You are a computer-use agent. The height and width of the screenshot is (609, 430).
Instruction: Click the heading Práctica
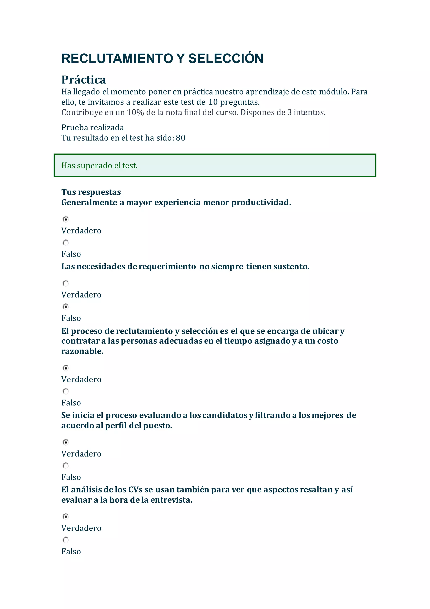coord(84,79)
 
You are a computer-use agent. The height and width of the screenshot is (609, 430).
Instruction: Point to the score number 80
coord(181,138)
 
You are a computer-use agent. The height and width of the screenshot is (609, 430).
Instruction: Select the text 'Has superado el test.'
coord(100,165)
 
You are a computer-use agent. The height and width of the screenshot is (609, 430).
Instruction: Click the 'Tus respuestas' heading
coord(91,192)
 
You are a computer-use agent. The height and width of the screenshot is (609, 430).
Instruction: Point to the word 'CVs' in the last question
coord(135,490)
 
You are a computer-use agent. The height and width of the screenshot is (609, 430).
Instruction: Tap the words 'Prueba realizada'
coord(93,128)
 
